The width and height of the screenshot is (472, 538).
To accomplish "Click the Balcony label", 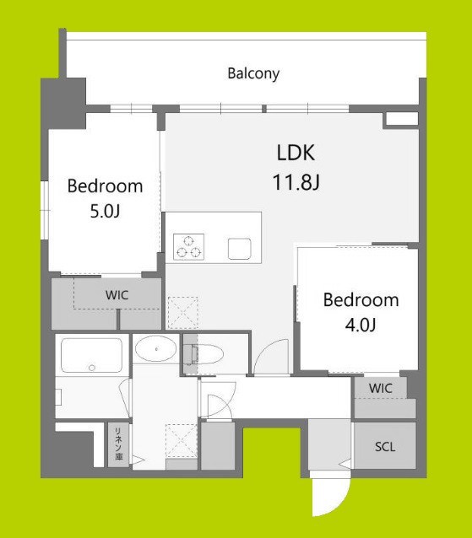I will [253, 73].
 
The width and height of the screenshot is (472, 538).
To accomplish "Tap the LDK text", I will [296, 153].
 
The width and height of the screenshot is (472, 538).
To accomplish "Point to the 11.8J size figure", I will [296, 180].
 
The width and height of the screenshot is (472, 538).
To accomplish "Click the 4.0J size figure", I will [361, 325].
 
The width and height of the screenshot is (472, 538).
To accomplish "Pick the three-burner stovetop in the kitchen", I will [189, 245].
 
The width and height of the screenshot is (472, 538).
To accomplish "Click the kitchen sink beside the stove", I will [240, 247].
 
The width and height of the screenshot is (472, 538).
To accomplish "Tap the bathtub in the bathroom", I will [92, 356].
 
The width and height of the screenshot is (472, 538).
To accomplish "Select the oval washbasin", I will [155, 347].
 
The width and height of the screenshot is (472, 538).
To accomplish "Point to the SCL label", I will [385, 448].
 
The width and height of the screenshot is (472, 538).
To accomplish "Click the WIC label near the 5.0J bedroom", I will [117, 295].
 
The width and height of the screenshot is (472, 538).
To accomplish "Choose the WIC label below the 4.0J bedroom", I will [381, 387].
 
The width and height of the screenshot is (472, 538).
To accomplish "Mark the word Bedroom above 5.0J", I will [106, 186].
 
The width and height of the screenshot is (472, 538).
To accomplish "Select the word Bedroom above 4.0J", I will [361, 300].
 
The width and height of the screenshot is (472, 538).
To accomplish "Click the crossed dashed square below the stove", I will [182, 313].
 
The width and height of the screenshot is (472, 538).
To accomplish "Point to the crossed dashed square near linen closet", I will [182, 439].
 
